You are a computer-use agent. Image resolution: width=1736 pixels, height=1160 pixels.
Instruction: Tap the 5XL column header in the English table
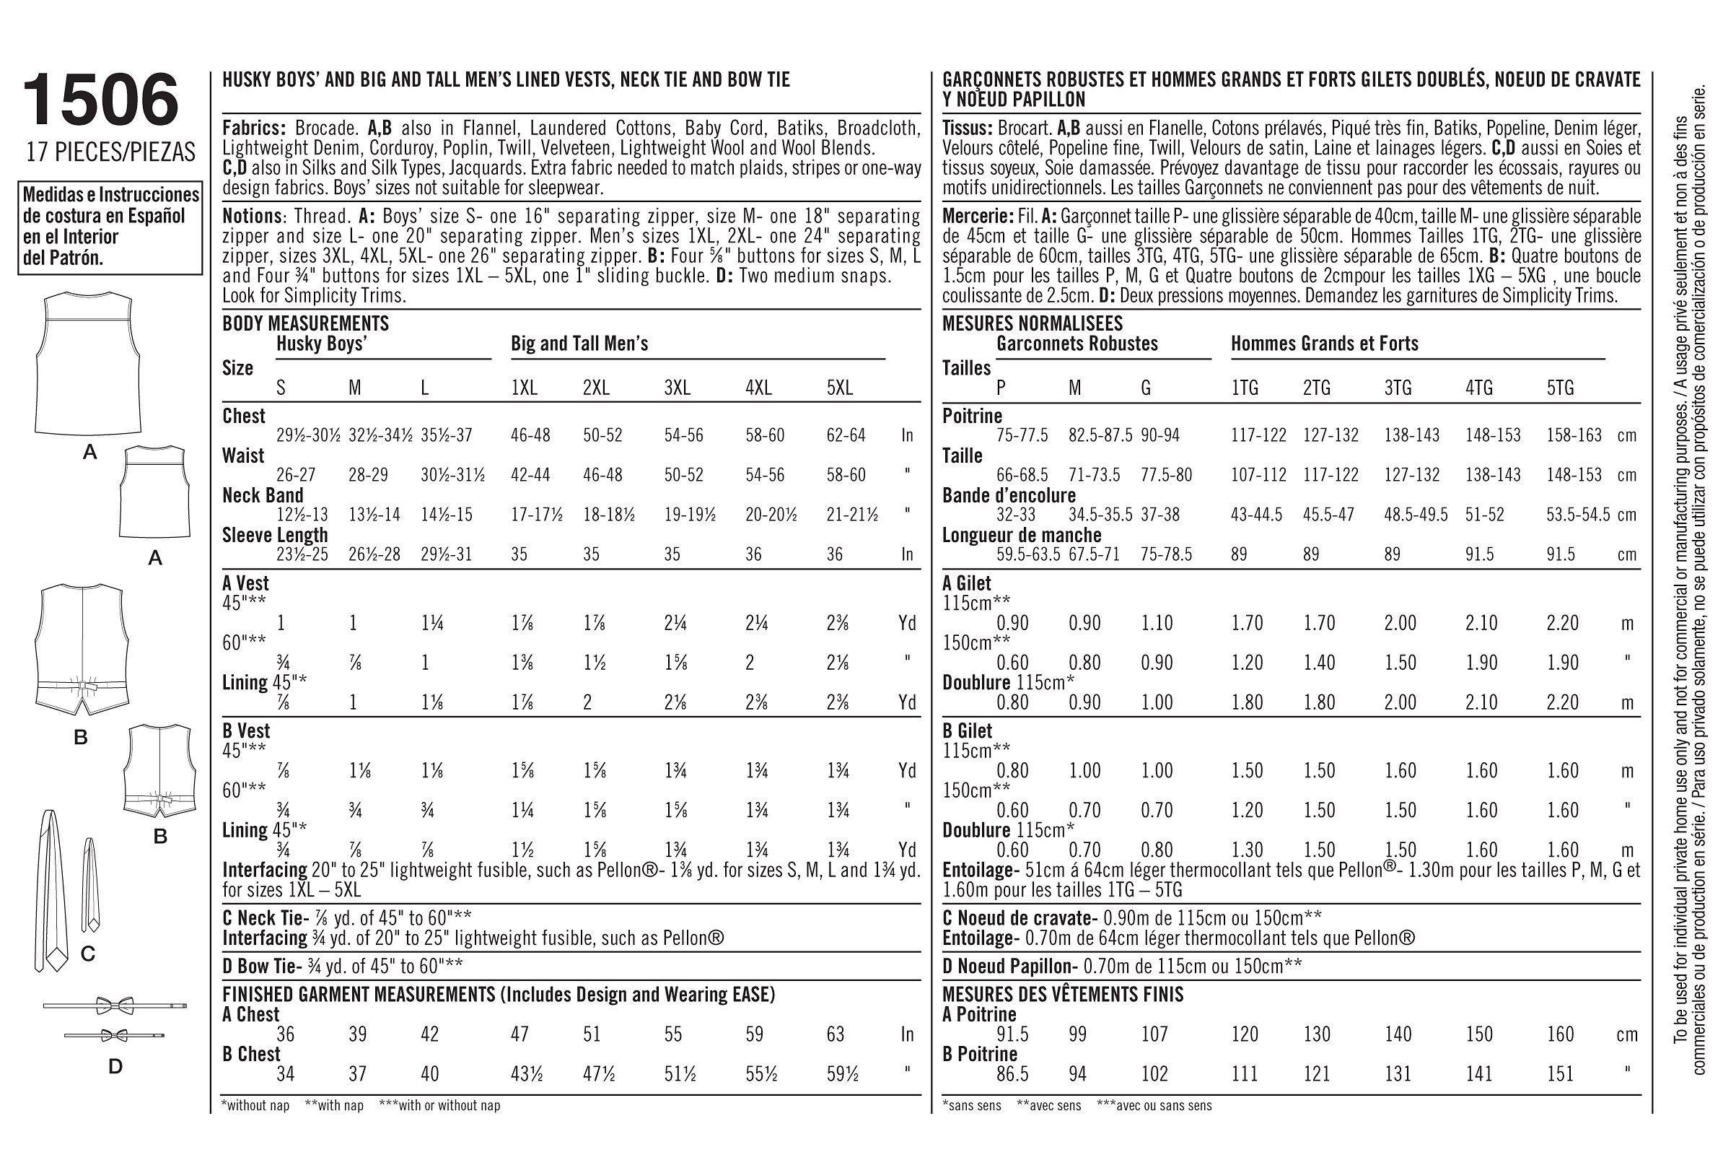point(839,388)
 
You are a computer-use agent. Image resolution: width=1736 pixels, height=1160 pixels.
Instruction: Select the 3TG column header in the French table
point(1397,388)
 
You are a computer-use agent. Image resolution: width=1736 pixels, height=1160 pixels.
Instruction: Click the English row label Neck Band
point(263,495)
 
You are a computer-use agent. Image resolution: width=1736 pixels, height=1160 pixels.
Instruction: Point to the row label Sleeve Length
point(274,535)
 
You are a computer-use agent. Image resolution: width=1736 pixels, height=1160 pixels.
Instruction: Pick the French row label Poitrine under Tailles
point(972,416)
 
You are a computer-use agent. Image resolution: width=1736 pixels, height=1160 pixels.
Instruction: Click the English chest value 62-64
point(846,435)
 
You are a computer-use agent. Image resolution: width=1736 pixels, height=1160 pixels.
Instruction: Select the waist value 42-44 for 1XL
point(530,475)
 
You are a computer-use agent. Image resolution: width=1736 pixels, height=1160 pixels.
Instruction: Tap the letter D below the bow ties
point(115,1066)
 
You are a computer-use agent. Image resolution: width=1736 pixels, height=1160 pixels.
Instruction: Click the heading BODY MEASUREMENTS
point(305,323)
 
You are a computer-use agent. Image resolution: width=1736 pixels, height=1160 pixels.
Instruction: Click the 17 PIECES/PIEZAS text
point(110,152)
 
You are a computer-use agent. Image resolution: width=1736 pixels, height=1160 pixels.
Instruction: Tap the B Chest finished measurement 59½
point(842,1073)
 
